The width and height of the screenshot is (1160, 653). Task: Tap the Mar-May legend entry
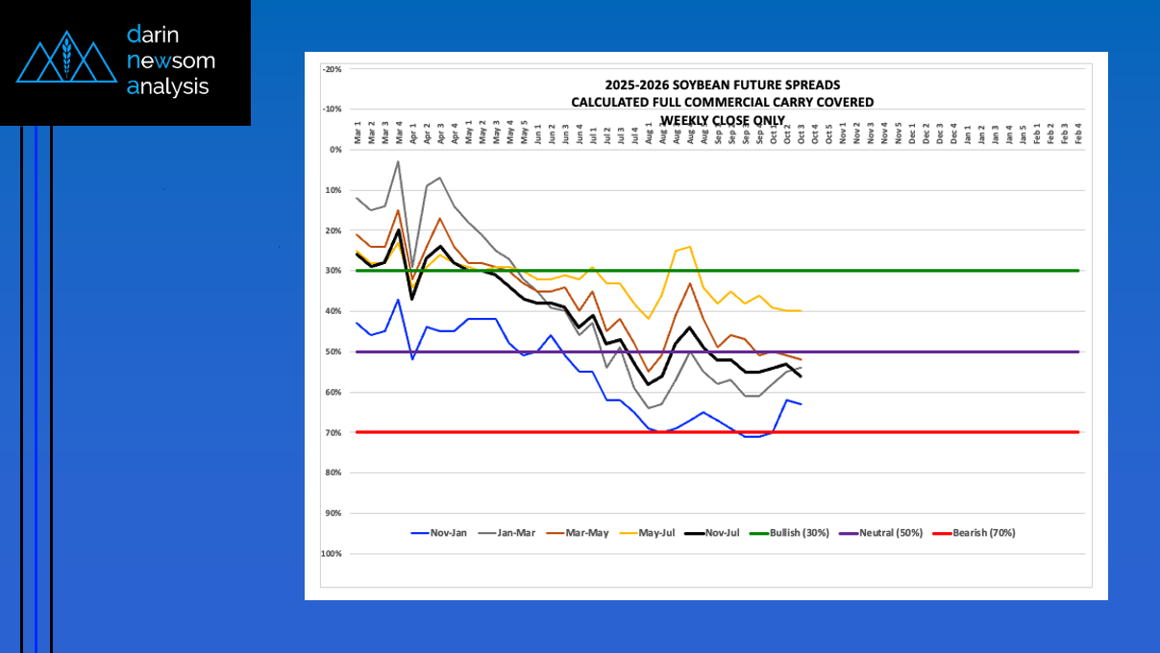click(x=589, y=533)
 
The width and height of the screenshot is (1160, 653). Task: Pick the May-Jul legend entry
click(x=659, y=533)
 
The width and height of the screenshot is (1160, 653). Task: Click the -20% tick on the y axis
click(x=333, y=69)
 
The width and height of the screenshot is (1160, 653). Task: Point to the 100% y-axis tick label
click(x=332, y=554)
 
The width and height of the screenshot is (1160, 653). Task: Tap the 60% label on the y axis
click(x=334, y=392)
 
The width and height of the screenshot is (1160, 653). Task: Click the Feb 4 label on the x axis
click(x=1079, y=133)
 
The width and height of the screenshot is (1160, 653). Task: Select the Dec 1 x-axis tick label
click(x=912, y=133)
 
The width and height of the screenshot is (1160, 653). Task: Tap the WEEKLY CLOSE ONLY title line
click(x=722, y=119)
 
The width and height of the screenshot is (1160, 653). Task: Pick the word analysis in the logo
click(x=167, y=86)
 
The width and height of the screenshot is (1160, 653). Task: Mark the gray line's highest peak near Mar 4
click(x=398, y=161)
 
